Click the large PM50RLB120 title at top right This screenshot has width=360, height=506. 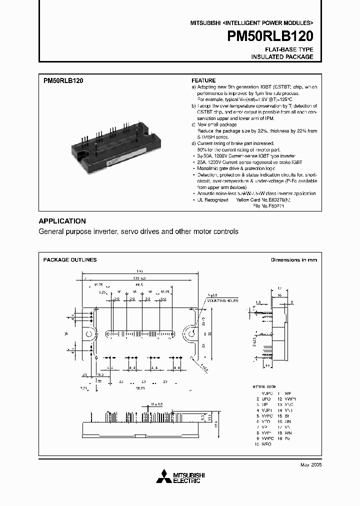(x=270, y=36)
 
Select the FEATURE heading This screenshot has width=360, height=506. (x=204, y=80)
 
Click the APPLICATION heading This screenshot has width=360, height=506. (x=62, y=221)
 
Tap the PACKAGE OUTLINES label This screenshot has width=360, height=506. (x=70, y=260)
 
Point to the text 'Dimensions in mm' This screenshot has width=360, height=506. (x=293, y=260)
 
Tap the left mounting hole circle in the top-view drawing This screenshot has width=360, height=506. (x=89, y=333)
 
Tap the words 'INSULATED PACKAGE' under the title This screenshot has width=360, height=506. (x=282, y=57)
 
